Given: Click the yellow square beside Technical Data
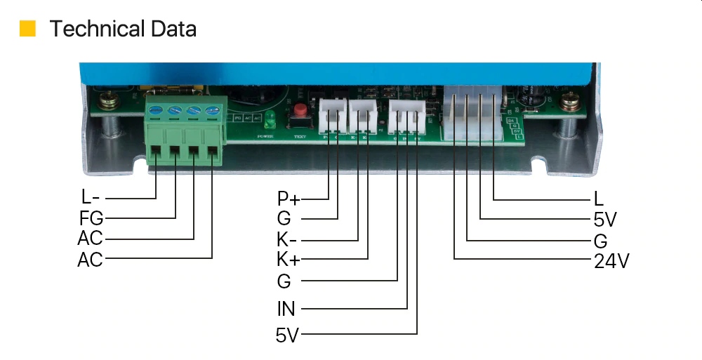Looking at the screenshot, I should (x=27, y=29).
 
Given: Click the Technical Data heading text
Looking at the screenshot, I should (x=123, y=29).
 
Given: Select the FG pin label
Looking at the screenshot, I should (x=91, y=218).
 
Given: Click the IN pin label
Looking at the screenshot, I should (x=286, y=307).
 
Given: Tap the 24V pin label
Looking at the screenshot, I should (x=611, y=261).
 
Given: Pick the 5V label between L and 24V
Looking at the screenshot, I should (x=604, y=220).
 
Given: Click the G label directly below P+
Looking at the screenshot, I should (x=284, y=218).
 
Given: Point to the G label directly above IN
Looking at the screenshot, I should (x=284, y=281).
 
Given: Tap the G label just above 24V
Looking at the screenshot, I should (x=600, y=241).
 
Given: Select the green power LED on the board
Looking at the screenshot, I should (x=270, y=115).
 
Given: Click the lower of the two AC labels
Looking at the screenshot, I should (x=90, y=260).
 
